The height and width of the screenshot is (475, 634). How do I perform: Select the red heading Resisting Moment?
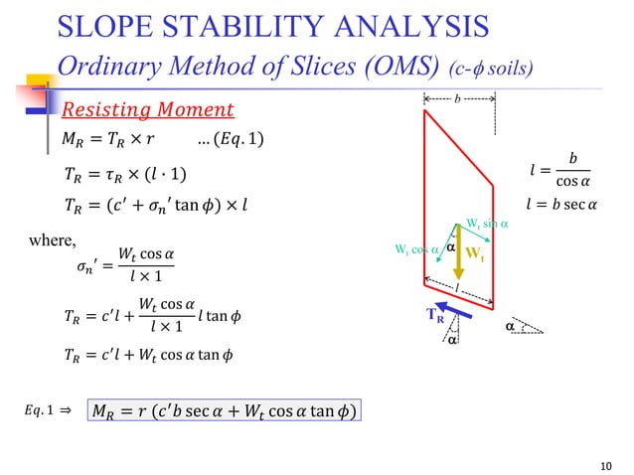click(x=148, y=108)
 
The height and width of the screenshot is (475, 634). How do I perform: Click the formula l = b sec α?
click(x=561, y=206)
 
